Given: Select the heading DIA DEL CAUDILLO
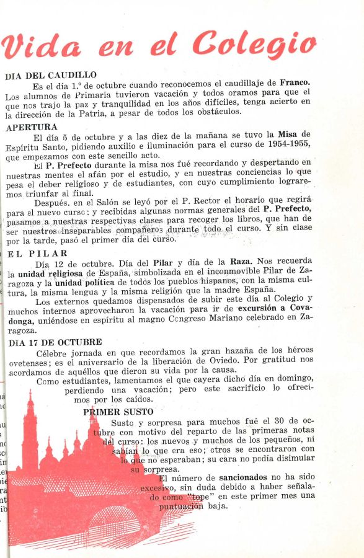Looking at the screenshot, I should pyautogui.click(x=51, y=76).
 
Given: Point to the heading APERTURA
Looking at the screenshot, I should pyautogui.click(x=31, y=127).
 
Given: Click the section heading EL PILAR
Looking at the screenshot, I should pyautogui.click(x=38, y=254).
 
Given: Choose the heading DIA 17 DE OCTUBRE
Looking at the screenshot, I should pyautogui.click(x=55, y=342).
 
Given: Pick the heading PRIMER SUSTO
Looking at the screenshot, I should pyautogui.click(x=118, y=412).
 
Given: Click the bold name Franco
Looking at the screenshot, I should pyautogui.click(x=295, y=82).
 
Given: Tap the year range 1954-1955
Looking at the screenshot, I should pyautogui.click(x=282, y=145).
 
